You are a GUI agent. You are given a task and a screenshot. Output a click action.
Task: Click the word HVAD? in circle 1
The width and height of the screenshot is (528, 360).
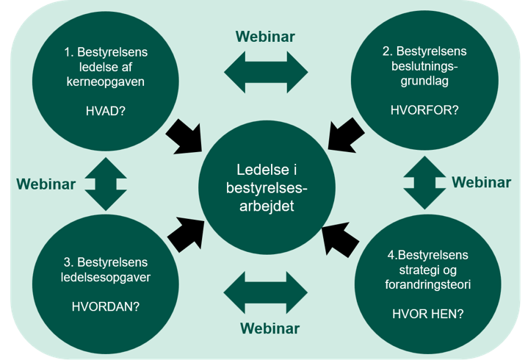[106, 111]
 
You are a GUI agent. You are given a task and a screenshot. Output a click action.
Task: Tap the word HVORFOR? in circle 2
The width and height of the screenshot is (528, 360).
[424, 109]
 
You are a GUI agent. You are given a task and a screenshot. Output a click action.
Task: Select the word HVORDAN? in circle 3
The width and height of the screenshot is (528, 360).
[106, 306]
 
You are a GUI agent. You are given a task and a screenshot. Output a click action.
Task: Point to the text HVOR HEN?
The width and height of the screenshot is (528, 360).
[427, 314]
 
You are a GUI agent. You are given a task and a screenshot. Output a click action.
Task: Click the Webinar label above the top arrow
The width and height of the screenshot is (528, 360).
[265, 37]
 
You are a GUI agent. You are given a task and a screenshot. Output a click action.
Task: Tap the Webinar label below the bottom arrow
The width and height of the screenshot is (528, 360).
[270, 328]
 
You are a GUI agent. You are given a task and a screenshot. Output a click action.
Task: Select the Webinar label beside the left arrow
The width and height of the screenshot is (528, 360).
[46, 184]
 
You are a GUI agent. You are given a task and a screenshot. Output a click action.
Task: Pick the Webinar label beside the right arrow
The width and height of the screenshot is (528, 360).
[481, 182]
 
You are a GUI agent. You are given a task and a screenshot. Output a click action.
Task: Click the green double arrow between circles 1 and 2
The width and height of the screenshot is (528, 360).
[266, 72]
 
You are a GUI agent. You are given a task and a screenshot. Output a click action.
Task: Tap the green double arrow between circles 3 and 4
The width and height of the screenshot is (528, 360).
[266, 292]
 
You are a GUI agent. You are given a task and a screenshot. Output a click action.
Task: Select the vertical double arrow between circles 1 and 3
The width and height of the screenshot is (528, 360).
[106, 184]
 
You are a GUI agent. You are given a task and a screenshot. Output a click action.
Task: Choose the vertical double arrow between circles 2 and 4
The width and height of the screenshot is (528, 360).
[424, 182]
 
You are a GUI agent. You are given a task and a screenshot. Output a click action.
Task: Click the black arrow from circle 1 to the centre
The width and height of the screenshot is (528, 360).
[185, 137]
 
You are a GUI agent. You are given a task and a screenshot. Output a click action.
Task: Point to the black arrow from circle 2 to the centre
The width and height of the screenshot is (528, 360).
[345, 135]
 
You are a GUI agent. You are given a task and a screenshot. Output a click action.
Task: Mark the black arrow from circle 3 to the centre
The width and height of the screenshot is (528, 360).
[187, 234]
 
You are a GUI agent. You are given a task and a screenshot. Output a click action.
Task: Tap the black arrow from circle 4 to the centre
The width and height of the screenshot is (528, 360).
[339, 240]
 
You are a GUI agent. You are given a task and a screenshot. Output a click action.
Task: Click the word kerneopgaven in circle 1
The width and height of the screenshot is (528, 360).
[106, 82]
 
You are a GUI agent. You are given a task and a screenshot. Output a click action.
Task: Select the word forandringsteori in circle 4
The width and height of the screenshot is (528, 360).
[427, 284]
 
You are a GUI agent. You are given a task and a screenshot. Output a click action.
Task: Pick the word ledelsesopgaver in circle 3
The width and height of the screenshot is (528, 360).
[106, 277]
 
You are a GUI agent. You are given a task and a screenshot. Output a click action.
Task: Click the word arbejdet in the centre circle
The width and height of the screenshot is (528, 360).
[267, 206]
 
